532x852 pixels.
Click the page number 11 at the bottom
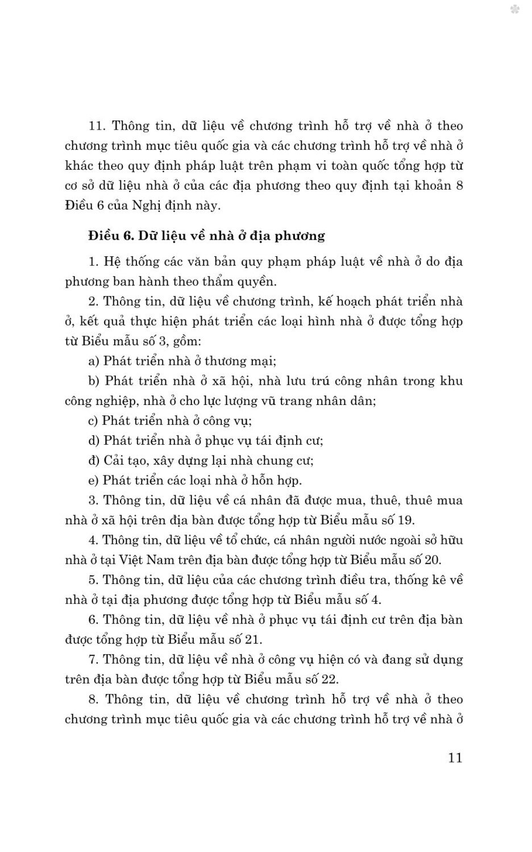pyautogui.click(x=455, y=758)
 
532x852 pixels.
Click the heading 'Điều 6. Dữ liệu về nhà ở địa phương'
pyautogui.click(x=207, y=235)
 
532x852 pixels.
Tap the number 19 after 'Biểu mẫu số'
pyautogui.click(x=406, y=520)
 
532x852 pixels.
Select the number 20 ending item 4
pyautogui.click(x=432, y=559)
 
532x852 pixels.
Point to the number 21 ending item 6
pyautogui.click(x=253, y=639)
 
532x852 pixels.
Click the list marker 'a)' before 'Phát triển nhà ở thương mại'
pyautogui.click(x=94, y=361)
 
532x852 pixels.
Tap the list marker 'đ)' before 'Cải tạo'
pyautogui.click(x=94, y=460)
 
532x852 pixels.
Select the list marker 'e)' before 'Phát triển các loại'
pyautogui.click(x=94, y=480)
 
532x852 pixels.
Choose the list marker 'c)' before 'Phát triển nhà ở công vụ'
pyautogui.click(x=93, y=420)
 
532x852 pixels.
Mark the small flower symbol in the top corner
pyautogui.click(x=515, y=10)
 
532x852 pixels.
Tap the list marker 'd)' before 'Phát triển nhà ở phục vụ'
pyautogui.click(x=94, y=440)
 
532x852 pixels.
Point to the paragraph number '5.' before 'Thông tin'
pyautogui.click(x=94, y=579)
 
